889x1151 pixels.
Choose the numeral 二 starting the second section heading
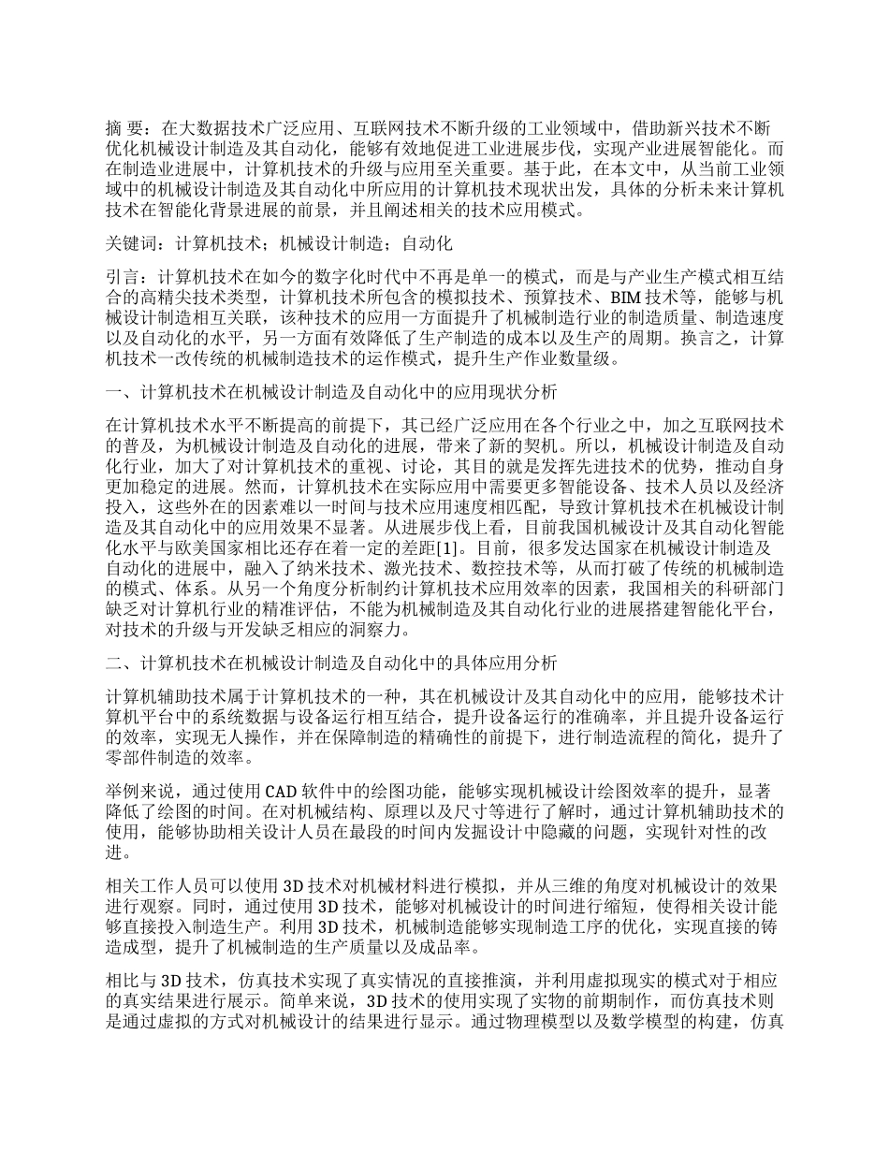pos(114,663)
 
